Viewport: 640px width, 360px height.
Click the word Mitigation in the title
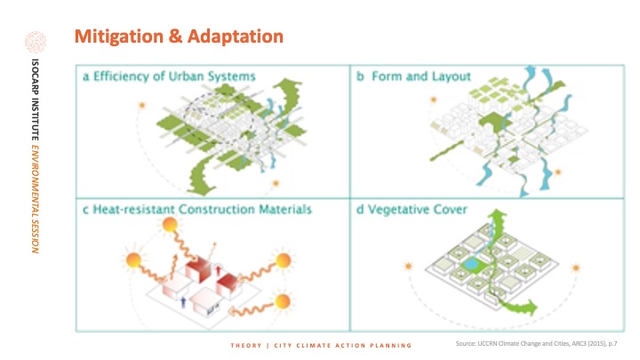[x=119, y=36]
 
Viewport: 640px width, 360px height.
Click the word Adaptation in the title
[x=235, y=36]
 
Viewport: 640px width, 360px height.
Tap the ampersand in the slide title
[x=175, y=36]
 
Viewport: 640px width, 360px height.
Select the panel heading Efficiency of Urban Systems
[x=174, y=76]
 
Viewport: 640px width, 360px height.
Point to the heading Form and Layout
[x=421, y=76]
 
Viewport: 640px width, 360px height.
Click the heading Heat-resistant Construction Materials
[x=202, y=210]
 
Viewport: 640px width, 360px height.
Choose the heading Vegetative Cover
[x=417, y=210]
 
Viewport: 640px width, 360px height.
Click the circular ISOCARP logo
[x=36, y=42]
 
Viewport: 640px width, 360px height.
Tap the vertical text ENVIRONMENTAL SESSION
[x=36, y=199]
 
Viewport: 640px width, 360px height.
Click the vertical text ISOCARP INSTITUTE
[x=36, y=100]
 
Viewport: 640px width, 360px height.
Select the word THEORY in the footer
[x=245, y=345]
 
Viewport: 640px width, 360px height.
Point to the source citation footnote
[x=536, y=344]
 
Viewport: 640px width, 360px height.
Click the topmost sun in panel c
[x=170, y=225]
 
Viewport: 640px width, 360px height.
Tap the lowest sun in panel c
[x=283, y=301]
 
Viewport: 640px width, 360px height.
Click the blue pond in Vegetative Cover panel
[x=470, y=264]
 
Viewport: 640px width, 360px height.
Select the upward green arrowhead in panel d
[x=497, y=215]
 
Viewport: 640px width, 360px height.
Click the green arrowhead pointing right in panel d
[x=532, y=307]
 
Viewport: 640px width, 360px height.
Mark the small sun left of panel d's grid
[x=408, y=267]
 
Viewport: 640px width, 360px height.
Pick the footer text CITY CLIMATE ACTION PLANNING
[x=343, y=345]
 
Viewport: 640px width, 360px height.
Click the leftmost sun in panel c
[x=133, y=260]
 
